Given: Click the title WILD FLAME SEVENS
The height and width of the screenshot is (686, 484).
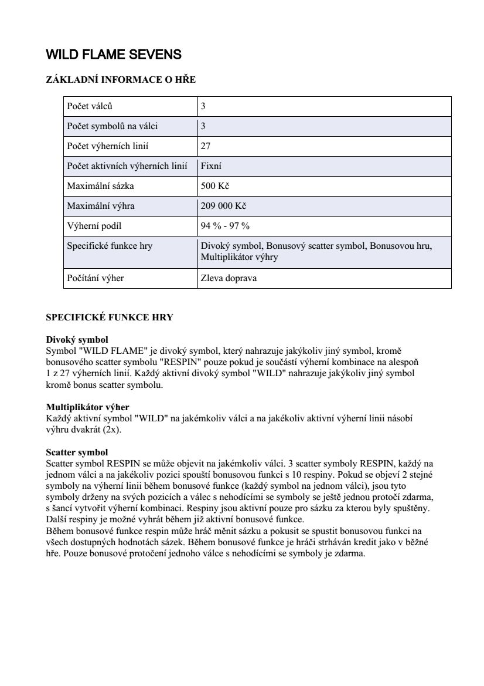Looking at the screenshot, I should click(114, 55).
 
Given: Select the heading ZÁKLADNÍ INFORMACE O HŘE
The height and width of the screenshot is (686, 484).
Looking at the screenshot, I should click(121, 80).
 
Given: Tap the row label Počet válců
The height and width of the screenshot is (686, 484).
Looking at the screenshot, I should click(89, 107).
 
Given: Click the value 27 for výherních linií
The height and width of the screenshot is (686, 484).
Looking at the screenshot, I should click(206, 146).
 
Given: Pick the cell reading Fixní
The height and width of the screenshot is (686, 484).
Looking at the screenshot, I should click(211, 166).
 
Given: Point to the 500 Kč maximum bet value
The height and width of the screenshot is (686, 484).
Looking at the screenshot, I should click(214, 186).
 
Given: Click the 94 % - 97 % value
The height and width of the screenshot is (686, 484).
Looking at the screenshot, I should click(225, 226).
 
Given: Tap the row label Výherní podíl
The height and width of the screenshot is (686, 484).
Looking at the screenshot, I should click(94, 226).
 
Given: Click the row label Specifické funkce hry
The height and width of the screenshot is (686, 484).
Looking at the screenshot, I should click(110, 246).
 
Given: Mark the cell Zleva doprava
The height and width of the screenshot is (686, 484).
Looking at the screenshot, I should click(229, 278).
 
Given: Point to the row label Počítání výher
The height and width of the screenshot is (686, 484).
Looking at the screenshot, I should click(96, 278).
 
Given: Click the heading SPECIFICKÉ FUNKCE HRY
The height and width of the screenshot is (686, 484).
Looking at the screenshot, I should click(110, 317).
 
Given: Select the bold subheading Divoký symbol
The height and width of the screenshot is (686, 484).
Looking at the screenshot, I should click(77, 340).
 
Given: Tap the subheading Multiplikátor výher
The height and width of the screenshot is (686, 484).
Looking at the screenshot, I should click(87, 407).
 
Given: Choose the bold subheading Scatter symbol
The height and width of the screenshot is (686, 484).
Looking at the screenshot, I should click(77, 452).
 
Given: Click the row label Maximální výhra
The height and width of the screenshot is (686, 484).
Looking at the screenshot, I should click(101, 206).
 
